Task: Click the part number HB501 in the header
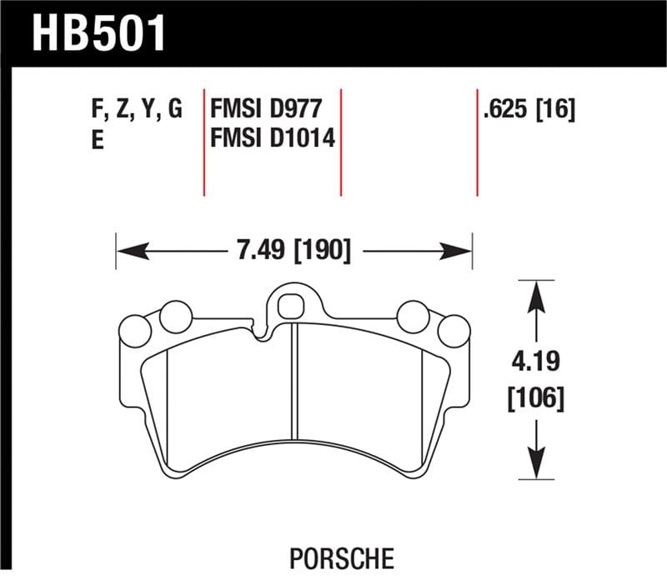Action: point(99,34)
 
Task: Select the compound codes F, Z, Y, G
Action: point(134,110)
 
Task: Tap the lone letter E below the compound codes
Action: point(97,141)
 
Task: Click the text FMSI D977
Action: point(261,110)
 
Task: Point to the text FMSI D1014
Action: point(273,138)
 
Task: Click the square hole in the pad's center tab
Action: point(291,306)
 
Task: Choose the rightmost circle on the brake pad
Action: point(454,331)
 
